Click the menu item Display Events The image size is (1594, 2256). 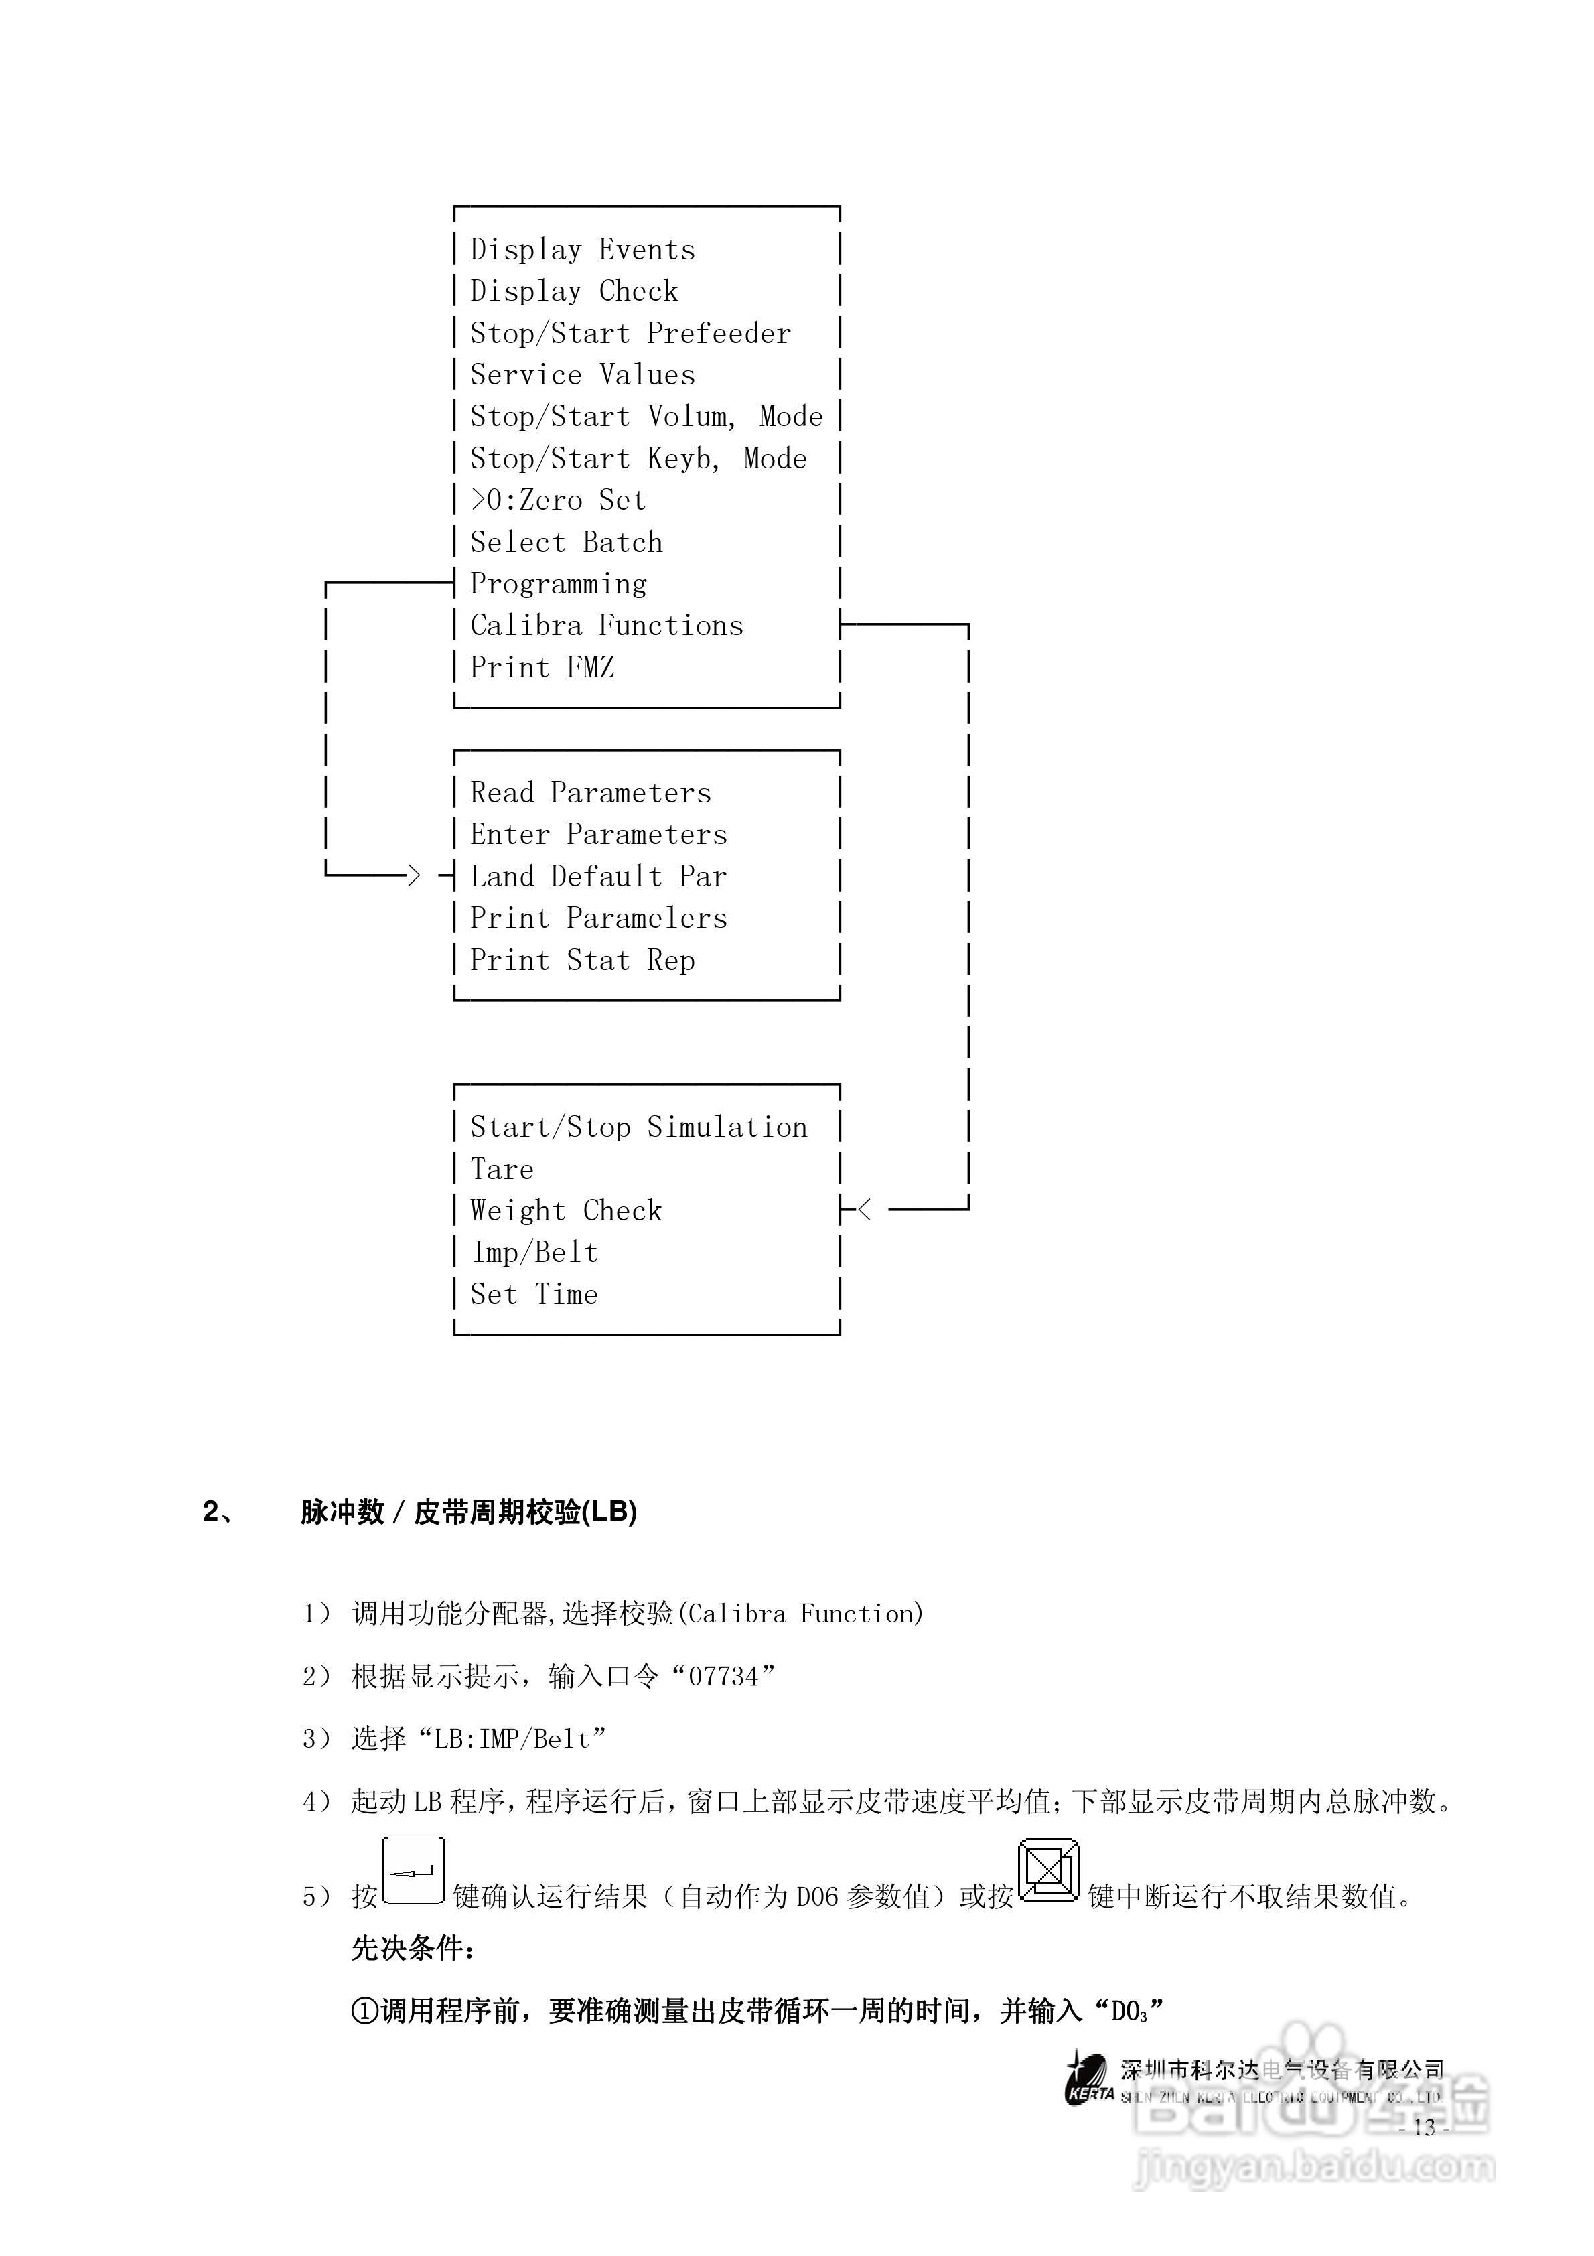click(x=582, y=250)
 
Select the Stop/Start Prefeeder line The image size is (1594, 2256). click(x=630, y=333)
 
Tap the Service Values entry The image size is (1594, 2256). click(x=582, y=374)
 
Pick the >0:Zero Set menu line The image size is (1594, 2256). click(x=557, y=500)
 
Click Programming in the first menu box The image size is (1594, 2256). click(x=558, y=583)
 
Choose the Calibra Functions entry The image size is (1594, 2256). click(x=606, y=625)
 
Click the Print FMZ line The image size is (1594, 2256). click(x=541, y=667)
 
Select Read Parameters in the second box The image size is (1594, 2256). click(x=589, y=792)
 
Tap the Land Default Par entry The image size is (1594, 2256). click(x=597, y=875)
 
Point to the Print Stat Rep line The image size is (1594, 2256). click(x=582, y=959)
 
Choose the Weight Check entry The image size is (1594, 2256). click(x=565, y=1210)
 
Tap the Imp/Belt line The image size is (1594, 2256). click(x=534, y=1252)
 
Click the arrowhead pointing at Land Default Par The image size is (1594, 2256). click(x=414, y=875)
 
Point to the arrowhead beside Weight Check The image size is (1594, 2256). click(x=865, y=1210)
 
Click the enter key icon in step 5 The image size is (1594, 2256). click(x=414, y=1871)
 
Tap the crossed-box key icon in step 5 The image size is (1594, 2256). click(x=1049, y=1871)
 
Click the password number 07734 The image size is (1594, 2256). click(x=723, y=1677)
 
